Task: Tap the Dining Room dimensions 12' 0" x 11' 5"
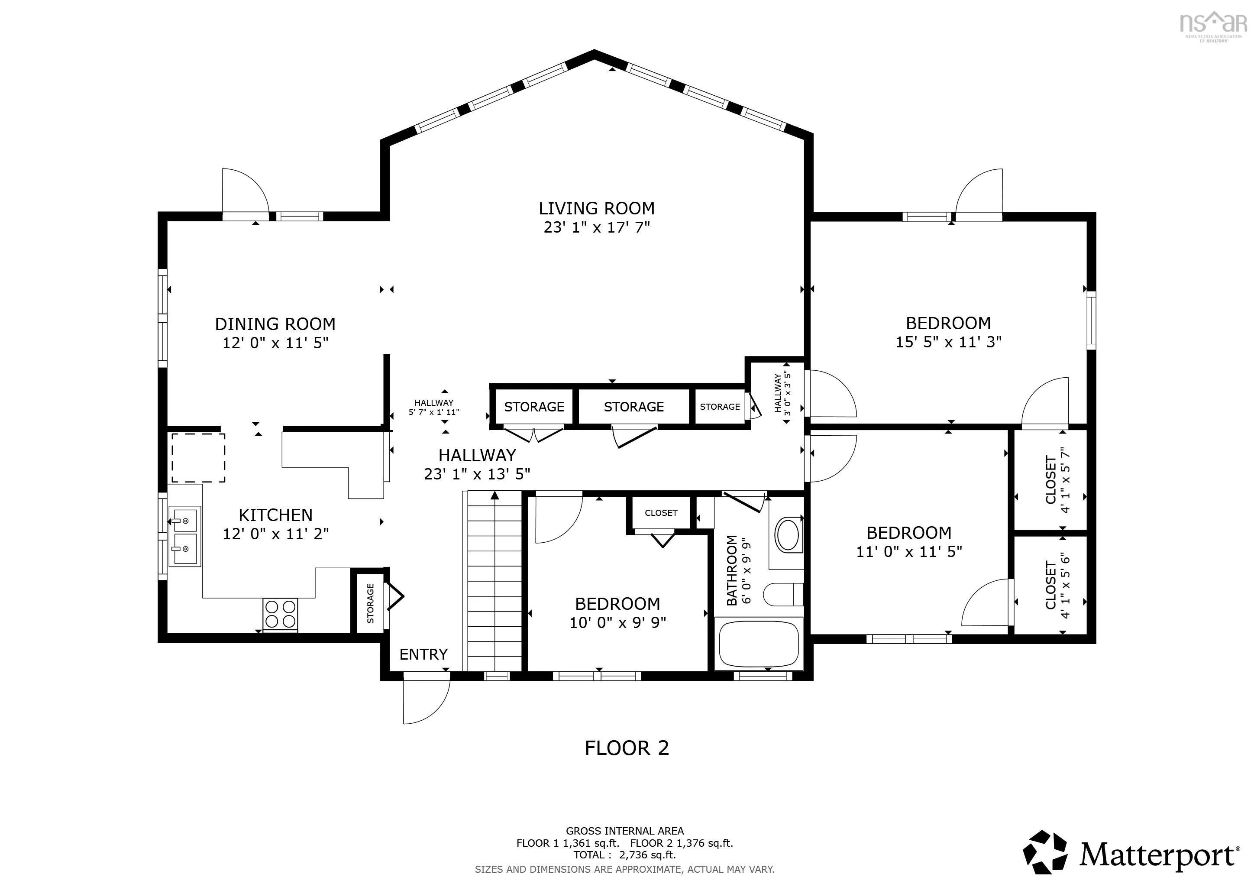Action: [x=275, y=343]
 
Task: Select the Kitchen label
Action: [x=275, y=515]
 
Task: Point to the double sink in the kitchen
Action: [x=184, y=536]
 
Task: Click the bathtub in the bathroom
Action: [x=759, y=644]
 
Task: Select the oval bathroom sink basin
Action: [x=788, y=535]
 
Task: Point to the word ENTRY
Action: [x=423, y=654]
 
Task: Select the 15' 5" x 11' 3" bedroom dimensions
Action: [x=948, y=342]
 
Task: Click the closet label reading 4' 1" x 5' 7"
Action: [x=1065, y=480]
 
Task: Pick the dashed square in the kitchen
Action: [x=198, y=458]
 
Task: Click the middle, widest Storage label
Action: [x=633, y=407]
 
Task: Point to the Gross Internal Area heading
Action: [x=625, y=831]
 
